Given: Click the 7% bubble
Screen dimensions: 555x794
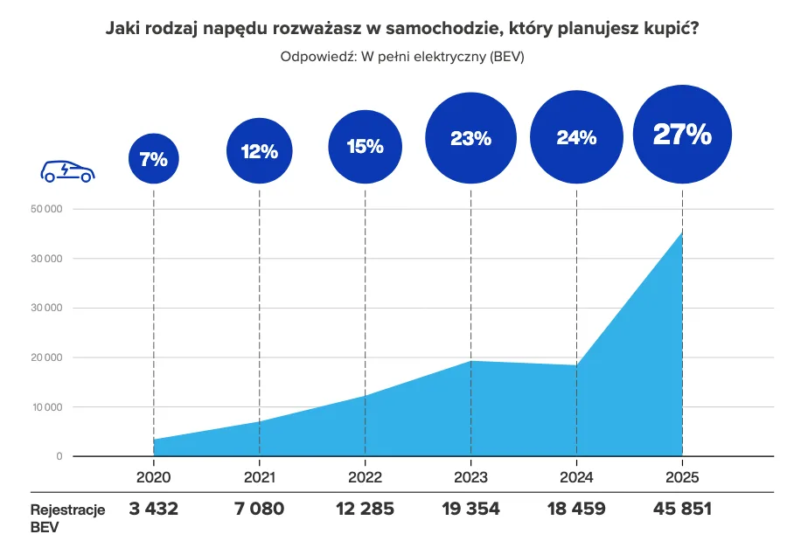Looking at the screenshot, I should [153, 159].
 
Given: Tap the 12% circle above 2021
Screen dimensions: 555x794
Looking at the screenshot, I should [259, 151].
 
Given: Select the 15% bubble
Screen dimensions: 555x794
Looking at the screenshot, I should [365, 146].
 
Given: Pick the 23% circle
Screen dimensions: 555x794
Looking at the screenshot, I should [470, 137].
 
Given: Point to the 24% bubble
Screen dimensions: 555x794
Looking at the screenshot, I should [576, 137].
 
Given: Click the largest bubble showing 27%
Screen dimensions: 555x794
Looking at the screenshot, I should [682, 133].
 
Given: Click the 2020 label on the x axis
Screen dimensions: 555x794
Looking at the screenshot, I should [153, 477].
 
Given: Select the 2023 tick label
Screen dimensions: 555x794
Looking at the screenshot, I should [470, 477].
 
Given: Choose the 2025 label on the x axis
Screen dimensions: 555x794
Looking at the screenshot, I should [682, 477].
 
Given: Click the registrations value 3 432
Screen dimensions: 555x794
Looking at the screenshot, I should [153, 509].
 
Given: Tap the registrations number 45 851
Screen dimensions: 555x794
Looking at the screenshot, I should [682, 509].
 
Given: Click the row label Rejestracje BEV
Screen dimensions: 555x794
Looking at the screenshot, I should [67, 517].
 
